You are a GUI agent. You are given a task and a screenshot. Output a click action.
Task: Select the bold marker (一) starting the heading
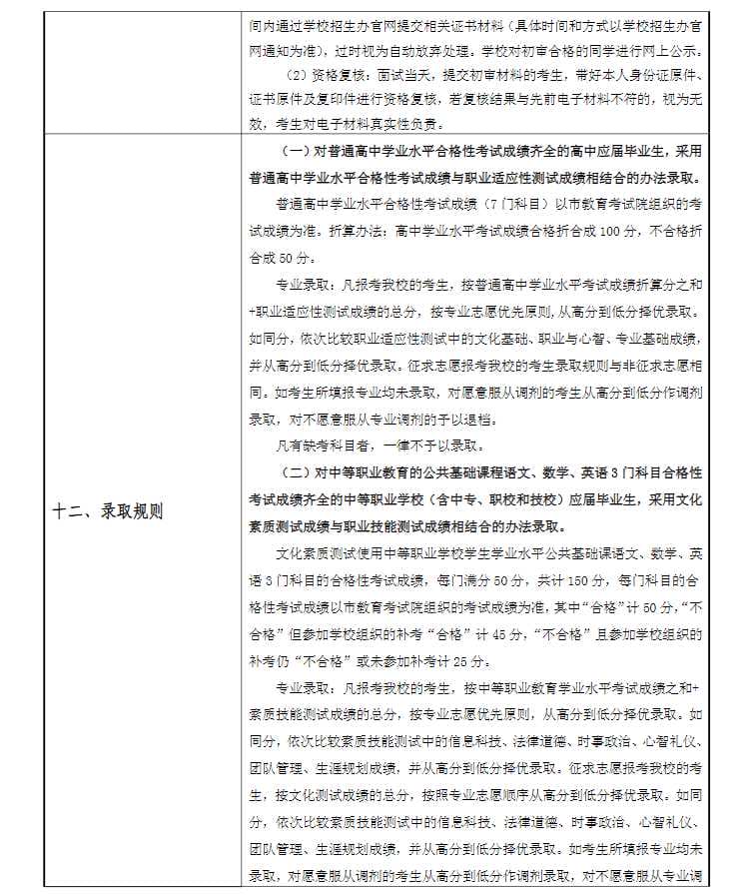tap(298, 151)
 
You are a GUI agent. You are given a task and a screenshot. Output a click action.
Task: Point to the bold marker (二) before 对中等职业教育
tap(298, 470)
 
